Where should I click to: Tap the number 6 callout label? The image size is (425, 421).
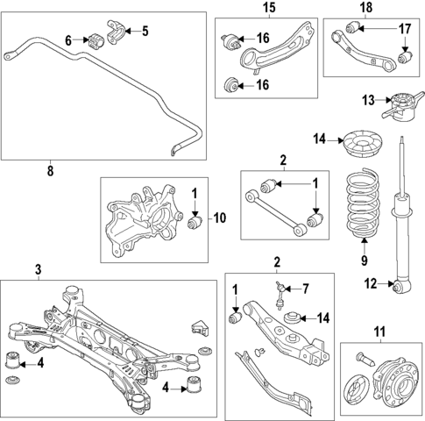pos(68,39)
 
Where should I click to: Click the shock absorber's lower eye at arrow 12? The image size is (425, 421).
pos(402,285)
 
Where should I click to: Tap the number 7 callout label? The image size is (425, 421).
pos(306,289)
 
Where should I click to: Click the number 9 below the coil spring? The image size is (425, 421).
pos(361,260)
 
